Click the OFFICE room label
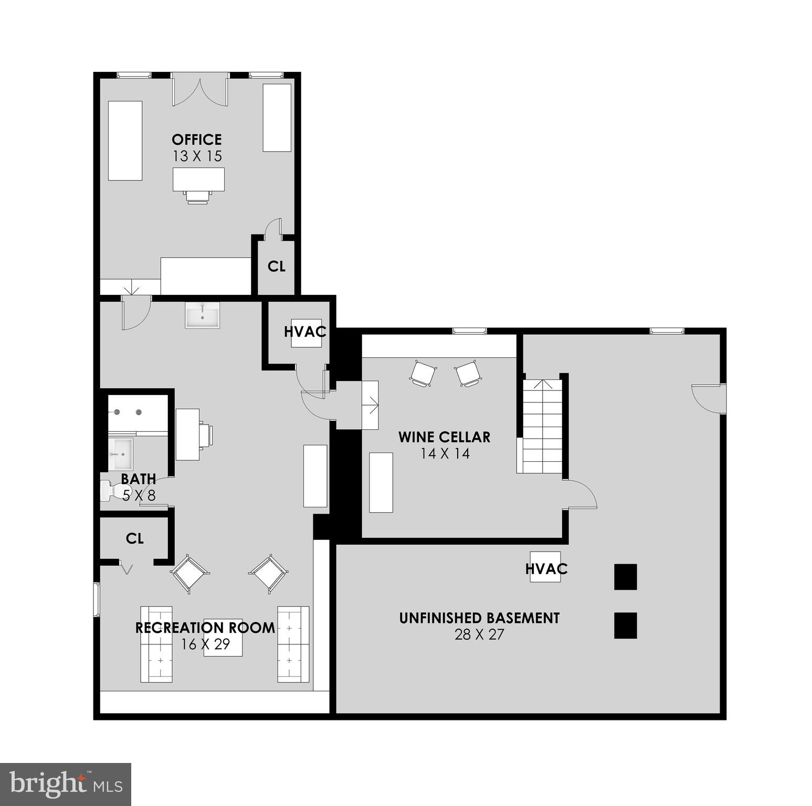(x=197, y=140)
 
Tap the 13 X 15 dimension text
(x=197, y=156)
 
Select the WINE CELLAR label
(x=444, y=437)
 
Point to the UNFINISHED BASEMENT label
(x=479, y=618)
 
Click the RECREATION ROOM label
(x=205, y=628)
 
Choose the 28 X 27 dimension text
(x=479, y=635)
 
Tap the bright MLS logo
(x=66, y=784)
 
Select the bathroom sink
(x=121, y=454)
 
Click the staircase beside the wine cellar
(x=542, y=426)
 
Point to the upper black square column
(x=625, y=577)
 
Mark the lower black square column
(x=625, y=625)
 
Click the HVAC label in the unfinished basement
(x=546, y=568)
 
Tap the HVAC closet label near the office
(x=305, y=332)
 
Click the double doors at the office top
(x=200, y=90)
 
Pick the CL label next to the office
(x=277, y=267)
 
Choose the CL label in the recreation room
(x=135, y=538)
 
